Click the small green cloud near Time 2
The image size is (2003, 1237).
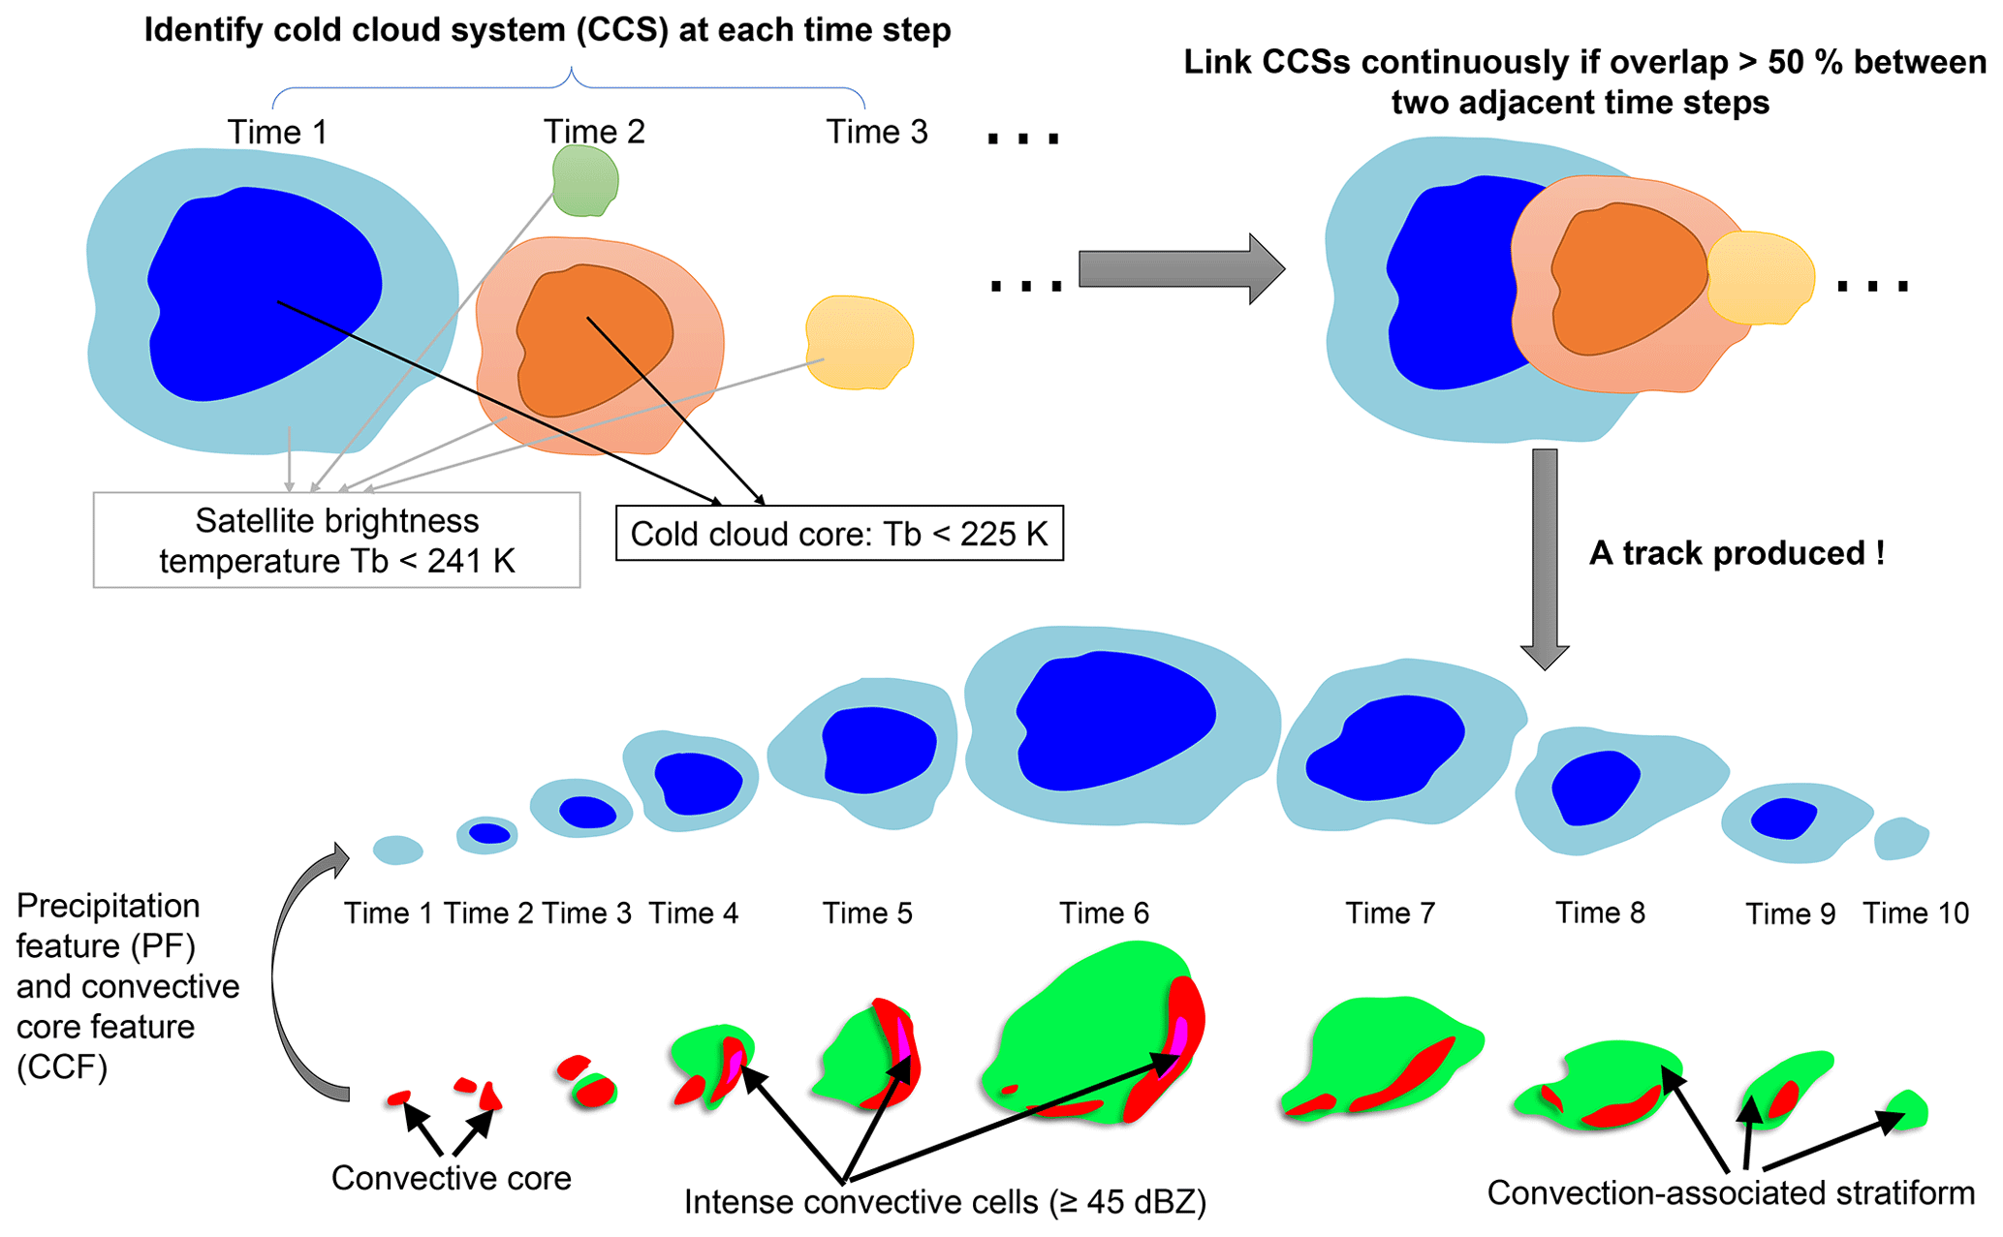point(584,180)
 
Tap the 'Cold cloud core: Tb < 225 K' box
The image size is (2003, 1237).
point(839,533)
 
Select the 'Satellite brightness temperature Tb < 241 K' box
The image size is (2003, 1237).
point(336,541)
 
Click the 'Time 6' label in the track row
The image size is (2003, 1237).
point(1104,913)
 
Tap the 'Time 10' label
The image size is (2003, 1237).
point(1916,913)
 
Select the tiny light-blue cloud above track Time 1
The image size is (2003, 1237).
point(397,850)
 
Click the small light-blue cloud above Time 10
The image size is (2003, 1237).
point(1900,838)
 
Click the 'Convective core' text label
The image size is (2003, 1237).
point(451,1178)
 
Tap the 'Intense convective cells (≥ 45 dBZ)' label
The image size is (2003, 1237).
point(945,1202)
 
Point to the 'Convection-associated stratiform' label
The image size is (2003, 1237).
point(1731,1192)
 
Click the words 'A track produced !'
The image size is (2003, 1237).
point(1737,553)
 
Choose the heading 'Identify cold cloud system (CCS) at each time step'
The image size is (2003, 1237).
point(548,30)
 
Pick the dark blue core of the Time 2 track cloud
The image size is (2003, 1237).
point(489,833)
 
